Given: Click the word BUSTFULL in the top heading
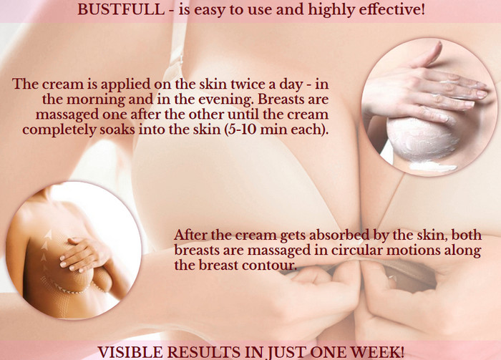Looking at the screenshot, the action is click(x=121, y=9).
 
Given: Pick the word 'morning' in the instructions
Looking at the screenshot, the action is click(x=95, y=100).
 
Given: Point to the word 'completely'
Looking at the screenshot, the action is click(x=59, y=130).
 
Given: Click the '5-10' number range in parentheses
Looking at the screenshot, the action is click(x=241, y=130).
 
